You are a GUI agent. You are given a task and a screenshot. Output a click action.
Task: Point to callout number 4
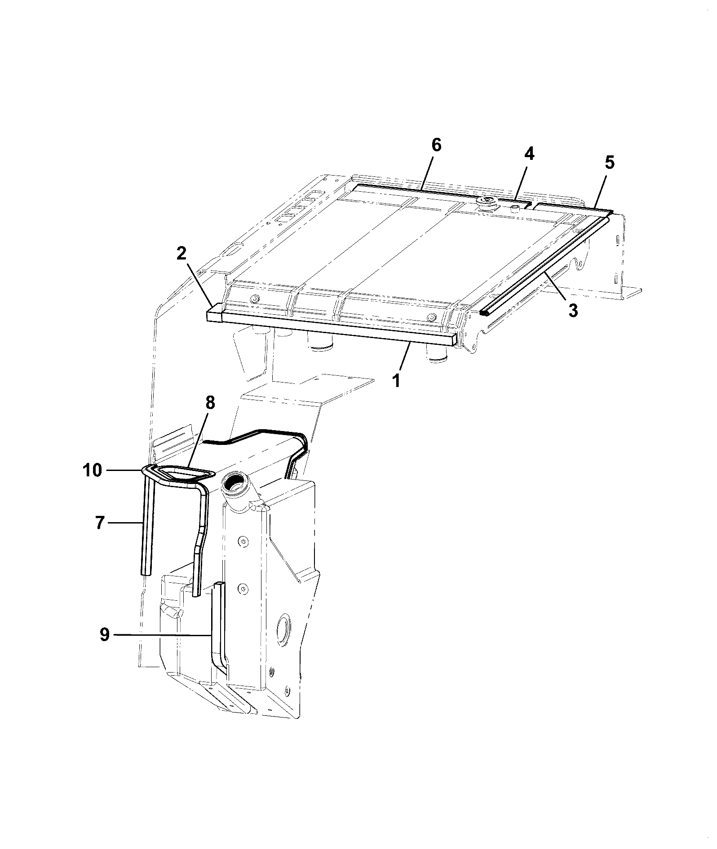pyautogui.click(x=529, y=154)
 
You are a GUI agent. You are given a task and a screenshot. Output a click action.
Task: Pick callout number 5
pyautogui.click(x=609, y=162)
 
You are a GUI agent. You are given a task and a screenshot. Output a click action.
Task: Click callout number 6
pyautogui.click(x=436, y=145)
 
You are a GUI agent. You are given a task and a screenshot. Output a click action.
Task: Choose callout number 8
pyautogui.click(x=210, y=404)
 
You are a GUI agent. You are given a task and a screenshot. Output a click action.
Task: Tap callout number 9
pyautogui.click(x=104, y=635)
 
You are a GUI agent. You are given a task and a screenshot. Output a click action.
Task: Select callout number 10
pyautogui.click(x=93, y=471)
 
